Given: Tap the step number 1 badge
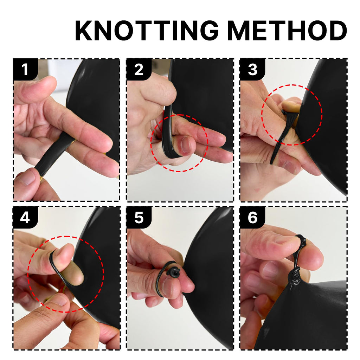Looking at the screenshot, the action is [25, 69].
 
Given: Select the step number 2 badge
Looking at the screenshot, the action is [139, 69].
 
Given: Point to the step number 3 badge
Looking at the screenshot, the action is [252, 69].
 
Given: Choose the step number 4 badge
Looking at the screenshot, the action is [25, 217].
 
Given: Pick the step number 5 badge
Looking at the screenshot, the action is [139, 217].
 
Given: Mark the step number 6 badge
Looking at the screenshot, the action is [252, 217].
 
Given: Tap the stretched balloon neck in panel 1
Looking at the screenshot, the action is [54, 154].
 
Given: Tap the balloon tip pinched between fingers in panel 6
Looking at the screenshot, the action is [301, 242].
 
